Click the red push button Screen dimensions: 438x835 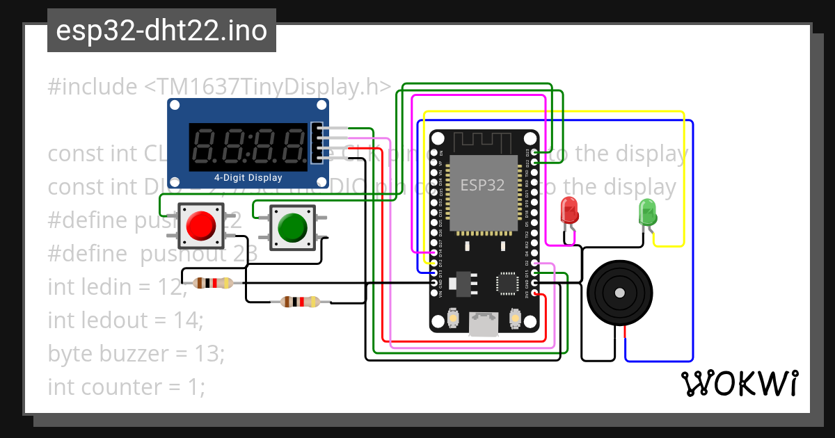[201, 225]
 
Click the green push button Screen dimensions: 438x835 [292, 227]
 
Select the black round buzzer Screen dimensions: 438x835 [620, 293]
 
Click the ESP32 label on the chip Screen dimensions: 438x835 [482, 184]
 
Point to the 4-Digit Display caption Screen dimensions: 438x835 [248, 178]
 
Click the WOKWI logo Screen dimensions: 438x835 [739, 383]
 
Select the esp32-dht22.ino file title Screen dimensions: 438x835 [161, 31]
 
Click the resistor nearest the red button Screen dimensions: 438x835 [213, 283]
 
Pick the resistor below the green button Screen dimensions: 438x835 [300, 302]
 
